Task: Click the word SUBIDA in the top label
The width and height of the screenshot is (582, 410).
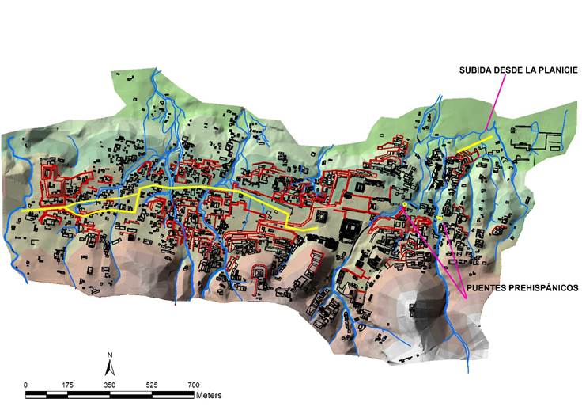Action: (x=475, y=70)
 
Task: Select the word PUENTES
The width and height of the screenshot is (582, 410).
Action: (x=487, y=289)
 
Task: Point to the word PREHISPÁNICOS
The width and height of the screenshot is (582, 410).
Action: (x=543, y=289)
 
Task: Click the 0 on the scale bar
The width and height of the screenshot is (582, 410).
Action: (x=26, y=385)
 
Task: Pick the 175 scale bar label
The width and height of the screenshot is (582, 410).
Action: (x=68, y=385)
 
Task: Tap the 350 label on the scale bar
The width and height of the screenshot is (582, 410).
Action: (x=110, y=385)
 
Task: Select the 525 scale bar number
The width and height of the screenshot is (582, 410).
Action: (x=152, y=385)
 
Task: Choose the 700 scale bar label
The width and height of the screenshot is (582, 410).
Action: (x=193, y=385)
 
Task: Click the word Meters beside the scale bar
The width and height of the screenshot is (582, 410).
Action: (x=209, y=394)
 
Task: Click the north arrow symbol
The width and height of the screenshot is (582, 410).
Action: (x=111, y=368)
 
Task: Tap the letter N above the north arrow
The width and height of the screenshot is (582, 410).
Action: (x=111, y=355)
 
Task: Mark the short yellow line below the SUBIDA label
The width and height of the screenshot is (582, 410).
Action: (x=474, y=144)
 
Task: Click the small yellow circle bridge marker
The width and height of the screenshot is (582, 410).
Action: (x=405, y=206)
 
